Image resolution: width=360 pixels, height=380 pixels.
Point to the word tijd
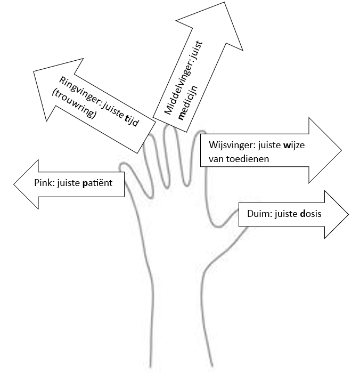tap(130, 122)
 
